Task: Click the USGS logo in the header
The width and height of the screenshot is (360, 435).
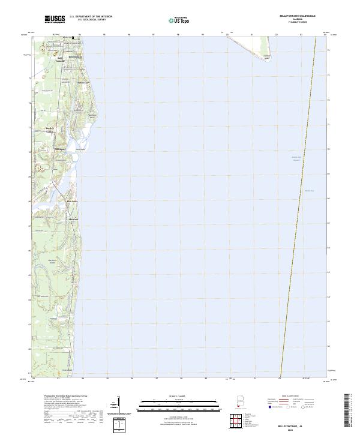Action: (x=55, y=19)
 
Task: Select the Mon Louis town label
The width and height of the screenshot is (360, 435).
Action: (x=72, y=201)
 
